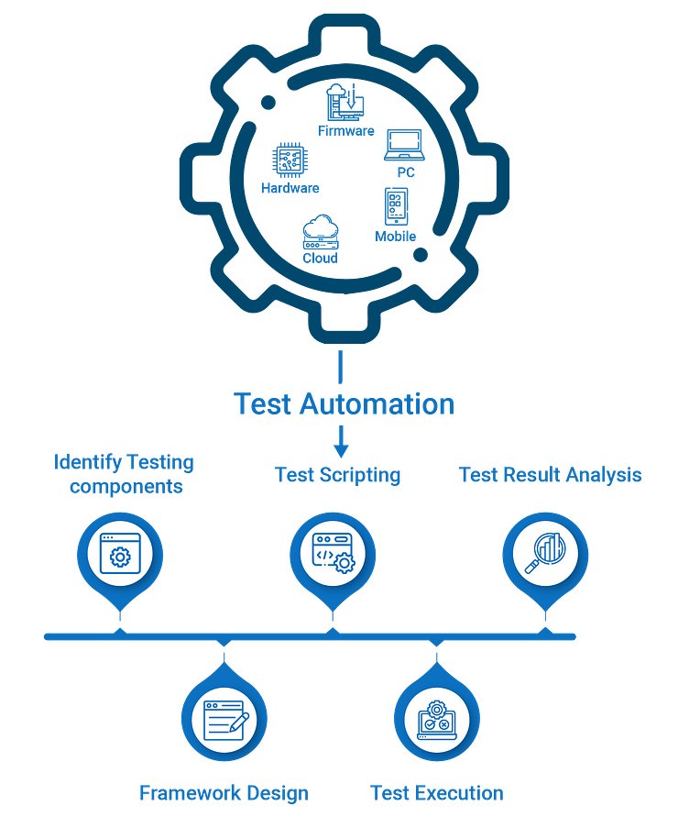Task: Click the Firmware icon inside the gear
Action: (x=344, y=101)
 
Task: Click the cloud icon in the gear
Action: (x=321, y=231)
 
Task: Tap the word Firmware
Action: (x=346, y=130)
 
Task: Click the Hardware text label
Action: (x=290, y=189)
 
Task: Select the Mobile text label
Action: (x=396, y=236)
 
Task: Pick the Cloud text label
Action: (x=321, y=259)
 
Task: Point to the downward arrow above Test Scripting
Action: (x=341, y=442)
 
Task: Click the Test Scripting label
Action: (x=338, y=475)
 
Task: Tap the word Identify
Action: (x=87, y=461)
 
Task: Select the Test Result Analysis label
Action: (x=550, y=475)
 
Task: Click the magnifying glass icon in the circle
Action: (x=545, y=553)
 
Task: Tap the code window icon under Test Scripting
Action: (x=333, y=553)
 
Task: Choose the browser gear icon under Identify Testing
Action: (x=120, y=553)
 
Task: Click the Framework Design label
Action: (x=224, y=793)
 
